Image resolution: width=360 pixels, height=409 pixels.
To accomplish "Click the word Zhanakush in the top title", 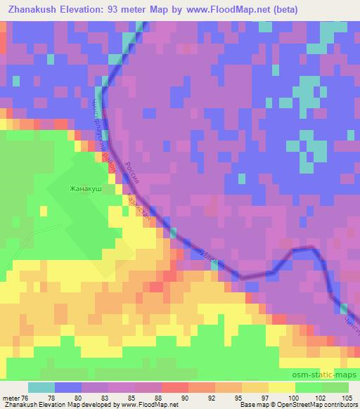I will pyautogui.click(x=33, y=10).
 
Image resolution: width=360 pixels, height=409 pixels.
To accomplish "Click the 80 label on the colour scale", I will pyautogui.click(x=83, y=398).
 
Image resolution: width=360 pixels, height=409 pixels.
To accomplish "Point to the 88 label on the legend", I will pyautogui.click(x=165, y=398).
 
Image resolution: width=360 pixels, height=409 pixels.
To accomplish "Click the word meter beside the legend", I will pyautogui.click(x=10, y=398).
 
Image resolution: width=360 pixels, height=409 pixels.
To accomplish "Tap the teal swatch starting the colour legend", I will pyautogui.click(x=41, y=387).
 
